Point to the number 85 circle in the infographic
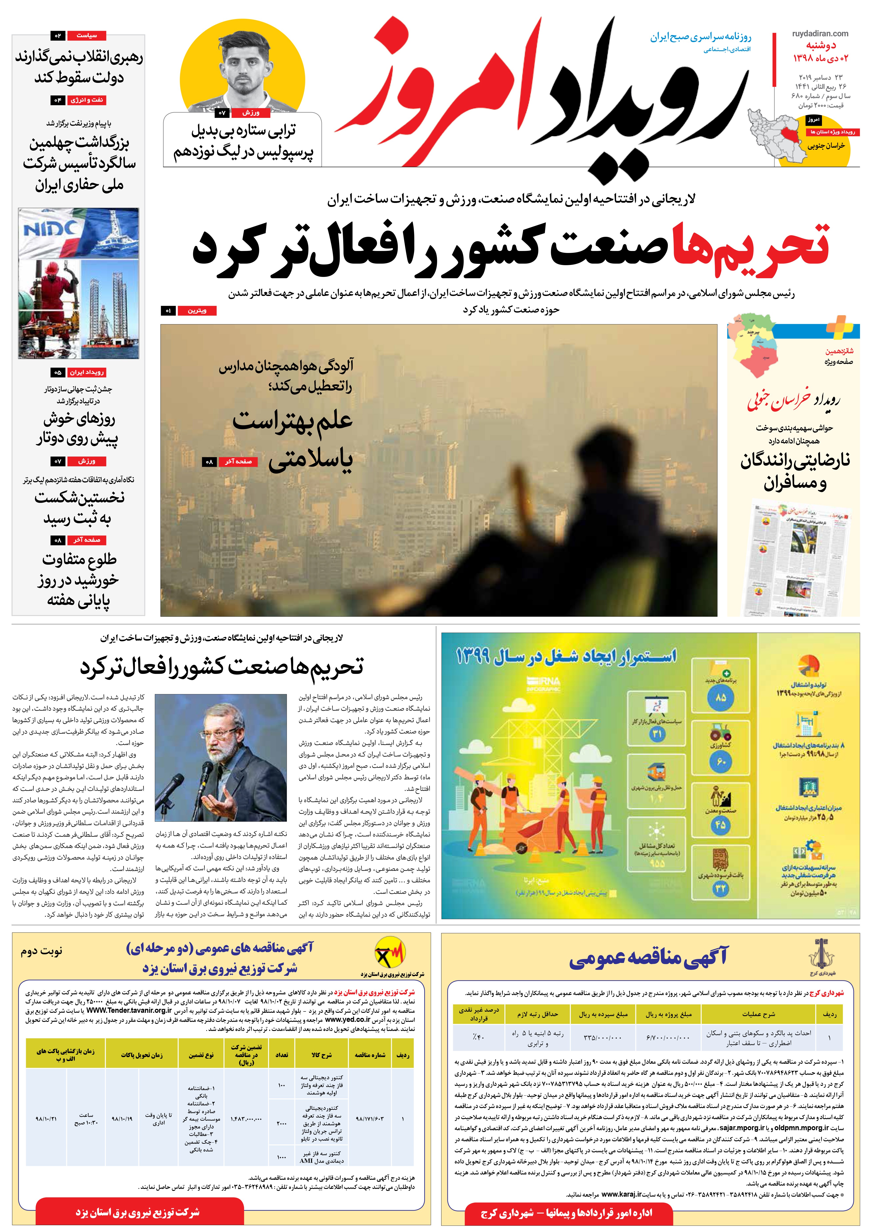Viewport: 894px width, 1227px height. pos(720,698)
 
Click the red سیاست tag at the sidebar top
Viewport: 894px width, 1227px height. pos(86,36)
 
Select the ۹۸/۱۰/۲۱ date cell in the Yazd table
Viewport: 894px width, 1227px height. pos(47,1119)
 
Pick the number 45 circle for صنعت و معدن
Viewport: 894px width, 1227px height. pos(720,825)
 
